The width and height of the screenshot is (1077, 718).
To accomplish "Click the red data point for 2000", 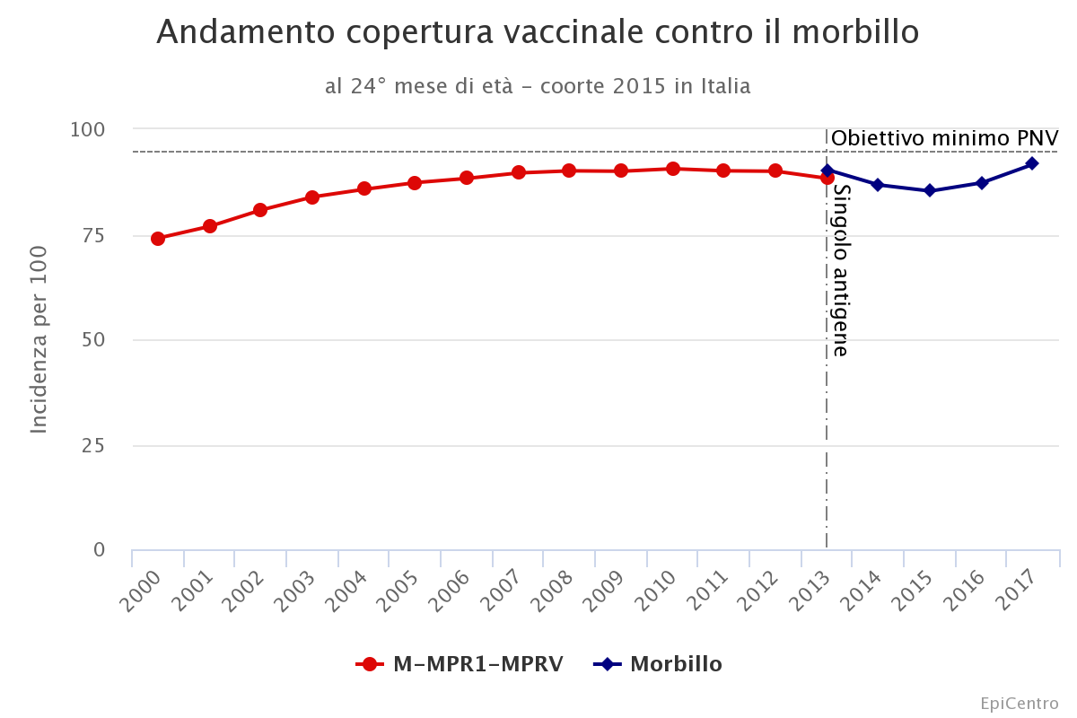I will (158, 239).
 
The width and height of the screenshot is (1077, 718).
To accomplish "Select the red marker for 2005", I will (415, 183).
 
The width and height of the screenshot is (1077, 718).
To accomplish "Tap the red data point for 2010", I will (673, 169).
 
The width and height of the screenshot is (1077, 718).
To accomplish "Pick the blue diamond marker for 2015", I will (930, 190).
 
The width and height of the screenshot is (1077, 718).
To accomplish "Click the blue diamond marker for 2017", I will (1032, 163).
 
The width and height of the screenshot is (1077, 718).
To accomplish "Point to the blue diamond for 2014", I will (878, 185).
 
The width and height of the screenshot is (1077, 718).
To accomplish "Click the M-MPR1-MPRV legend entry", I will (460, 664).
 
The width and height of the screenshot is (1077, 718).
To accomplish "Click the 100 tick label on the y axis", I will (87, 129).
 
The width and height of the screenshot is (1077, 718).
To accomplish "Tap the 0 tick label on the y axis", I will (99, 550).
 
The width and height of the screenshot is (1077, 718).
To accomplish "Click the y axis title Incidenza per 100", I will (39, 339).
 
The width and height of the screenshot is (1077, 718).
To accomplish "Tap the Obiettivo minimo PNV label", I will (944, 138).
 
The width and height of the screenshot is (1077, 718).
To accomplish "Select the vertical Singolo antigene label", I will (840, 270).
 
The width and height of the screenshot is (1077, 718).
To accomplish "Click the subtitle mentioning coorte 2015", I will (538, 86).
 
